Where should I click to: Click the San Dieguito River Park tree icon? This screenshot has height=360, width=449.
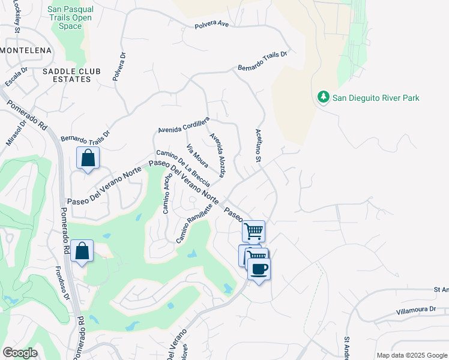(x=323, y=97)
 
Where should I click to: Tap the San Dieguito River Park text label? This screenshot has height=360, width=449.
(x=376, y=98)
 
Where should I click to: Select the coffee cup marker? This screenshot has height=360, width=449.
(x=259, y=269)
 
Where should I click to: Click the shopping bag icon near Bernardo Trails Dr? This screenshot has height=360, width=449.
(x=88, y=158)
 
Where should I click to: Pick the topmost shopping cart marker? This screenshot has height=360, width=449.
(x=254, y=230)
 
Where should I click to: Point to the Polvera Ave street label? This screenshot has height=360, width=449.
(x=211, y=25)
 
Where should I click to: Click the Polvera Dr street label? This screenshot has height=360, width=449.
(x=119, y=66)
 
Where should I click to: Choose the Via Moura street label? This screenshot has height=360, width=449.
(x=198, y=156)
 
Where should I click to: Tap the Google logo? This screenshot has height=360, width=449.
(x=20, y=352)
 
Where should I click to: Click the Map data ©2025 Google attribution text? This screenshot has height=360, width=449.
(x=411, y=355)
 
